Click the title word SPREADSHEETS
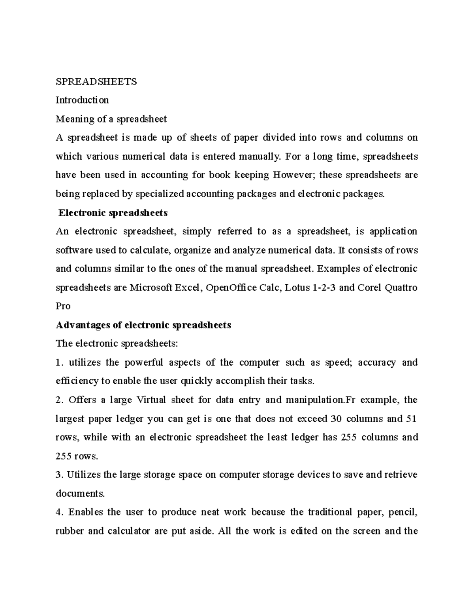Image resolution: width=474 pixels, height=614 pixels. coord(96,81)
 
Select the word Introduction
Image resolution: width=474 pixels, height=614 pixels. coord(82,100)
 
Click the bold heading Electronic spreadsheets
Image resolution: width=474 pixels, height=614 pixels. coord(113,213)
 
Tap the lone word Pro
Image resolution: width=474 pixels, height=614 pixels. coord(63,306)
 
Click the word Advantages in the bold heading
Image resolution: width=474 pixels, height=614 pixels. coord(83,325)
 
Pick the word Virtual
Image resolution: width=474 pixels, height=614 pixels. coord(151,400)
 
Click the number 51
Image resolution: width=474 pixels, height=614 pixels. coord(412,419)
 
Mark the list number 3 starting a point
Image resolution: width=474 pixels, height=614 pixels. coord(58,474)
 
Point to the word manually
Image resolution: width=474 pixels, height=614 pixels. coord(259,156)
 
